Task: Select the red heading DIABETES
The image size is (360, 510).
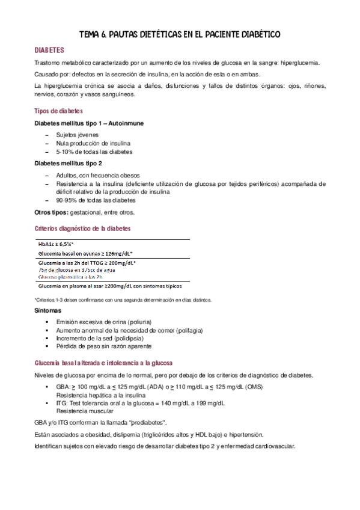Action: (49, 51)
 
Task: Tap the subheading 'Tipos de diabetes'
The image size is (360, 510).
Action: (59, 112)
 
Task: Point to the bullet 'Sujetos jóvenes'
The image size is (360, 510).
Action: (78, 135)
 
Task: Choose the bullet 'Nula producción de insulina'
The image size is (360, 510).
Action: (93, 144)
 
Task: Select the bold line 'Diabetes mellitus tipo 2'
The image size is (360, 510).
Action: (68, 163)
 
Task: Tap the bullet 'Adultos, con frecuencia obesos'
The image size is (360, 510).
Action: (97, 175)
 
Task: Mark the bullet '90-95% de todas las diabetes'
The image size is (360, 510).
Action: (95, 200)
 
